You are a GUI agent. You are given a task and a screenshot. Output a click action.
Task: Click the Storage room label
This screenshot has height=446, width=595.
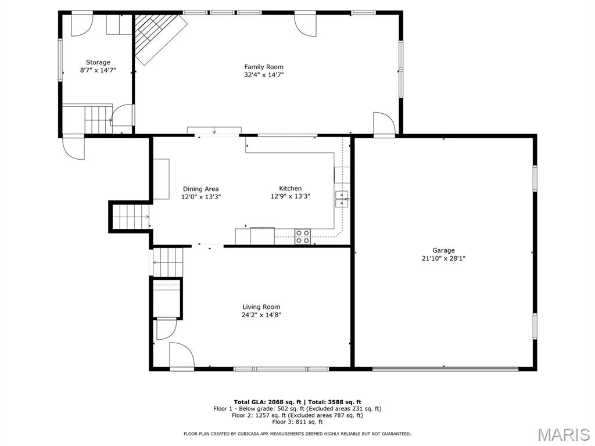pyautogui.click(x=98, y=62)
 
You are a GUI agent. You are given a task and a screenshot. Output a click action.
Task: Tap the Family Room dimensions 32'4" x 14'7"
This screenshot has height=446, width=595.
pyautogui.click(x=264, y=75)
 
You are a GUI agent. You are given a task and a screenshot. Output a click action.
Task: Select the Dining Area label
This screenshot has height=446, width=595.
pyautogui.click(x=200, y=189)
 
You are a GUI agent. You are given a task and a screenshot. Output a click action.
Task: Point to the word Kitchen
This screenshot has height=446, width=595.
pyautogui.click(x=291, y=188)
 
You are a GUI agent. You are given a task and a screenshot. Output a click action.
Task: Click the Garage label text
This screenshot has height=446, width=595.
pyautogui.click(x=443, y=250)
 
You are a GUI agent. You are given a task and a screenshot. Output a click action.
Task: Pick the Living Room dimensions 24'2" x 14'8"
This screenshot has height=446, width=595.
pyautogui.click(x=261, y=315)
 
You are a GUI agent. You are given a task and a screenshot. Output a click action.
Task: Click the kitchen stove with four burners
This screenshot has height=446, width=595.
pyautogui.click(x=303, y=237)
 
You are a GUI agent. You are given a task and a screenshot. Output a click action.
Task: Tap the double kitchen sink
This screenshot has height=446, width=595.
pyautogui.click(x=342, y=199)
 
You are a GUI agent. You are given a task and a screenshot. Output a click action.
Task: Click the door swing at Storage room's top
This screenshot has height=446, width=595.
pyautogui.click(x=82, y=25)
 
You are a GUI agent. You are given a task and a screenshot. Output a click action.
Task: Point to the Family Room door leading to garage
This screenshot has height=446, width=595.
pyautogui.click(x=385, y=124)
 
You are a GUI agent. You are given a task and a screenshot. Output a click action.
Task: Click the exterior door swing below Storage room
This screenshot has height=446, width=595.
pyautogui.click(x=74, y=148)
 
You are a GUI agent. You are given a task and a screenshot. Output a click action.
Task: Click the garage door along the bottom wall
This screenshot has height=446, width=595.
pyautogui.click(x=445, y=368)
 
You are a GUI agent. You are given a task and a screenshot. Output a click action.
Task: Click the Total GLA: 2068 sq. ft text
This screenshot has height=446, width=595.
pyautogui.click(x=267, y=402)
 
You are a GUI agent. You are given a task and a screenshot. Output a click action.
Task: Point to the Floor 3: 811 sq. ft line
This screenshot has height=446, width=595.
pyautogui.click(x=297, y=422)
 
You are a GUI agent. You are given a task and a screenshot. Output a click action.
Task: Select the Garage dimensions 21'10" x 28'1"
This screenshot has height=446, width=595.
pyautogui.click(x=443, y=258)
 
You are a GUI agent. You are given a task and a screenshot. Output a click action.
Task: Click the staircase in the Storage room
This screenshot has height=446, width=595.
pyautogui.click(x=98, y=119)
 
